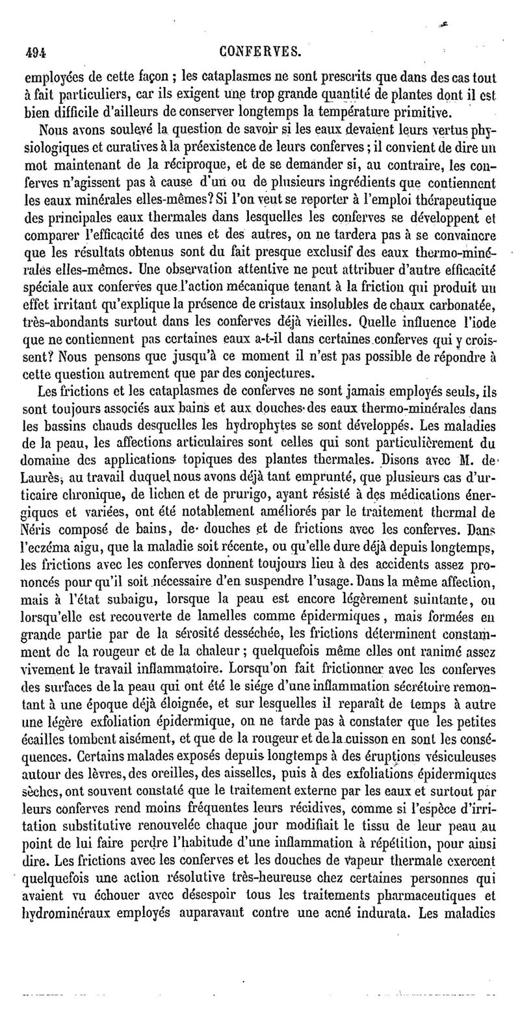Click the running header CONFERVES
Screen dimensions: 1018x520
pos(260,51)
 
